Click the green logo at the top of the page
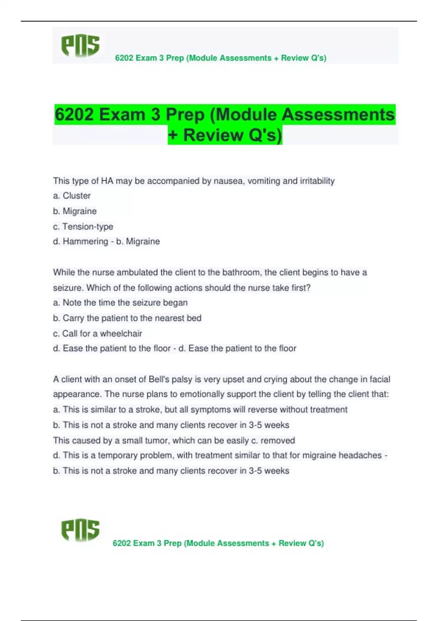80,46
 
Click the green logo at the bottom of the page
80,530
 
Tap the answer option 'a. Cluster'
72,196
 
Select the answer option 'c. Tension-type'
83,226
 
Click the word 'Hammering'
85,241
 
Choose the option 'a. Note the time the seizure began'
120,303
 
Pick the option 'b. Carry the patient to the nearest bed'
127,318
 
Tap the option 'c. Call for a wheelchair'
97,334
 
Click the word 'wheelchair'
121,334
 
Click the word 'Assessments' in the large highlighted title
338,115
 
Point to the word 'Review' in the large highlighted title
213,135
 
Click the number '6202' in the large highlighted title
74,115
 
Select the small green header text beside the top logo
220,58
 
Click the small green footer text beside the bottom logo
218,543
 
